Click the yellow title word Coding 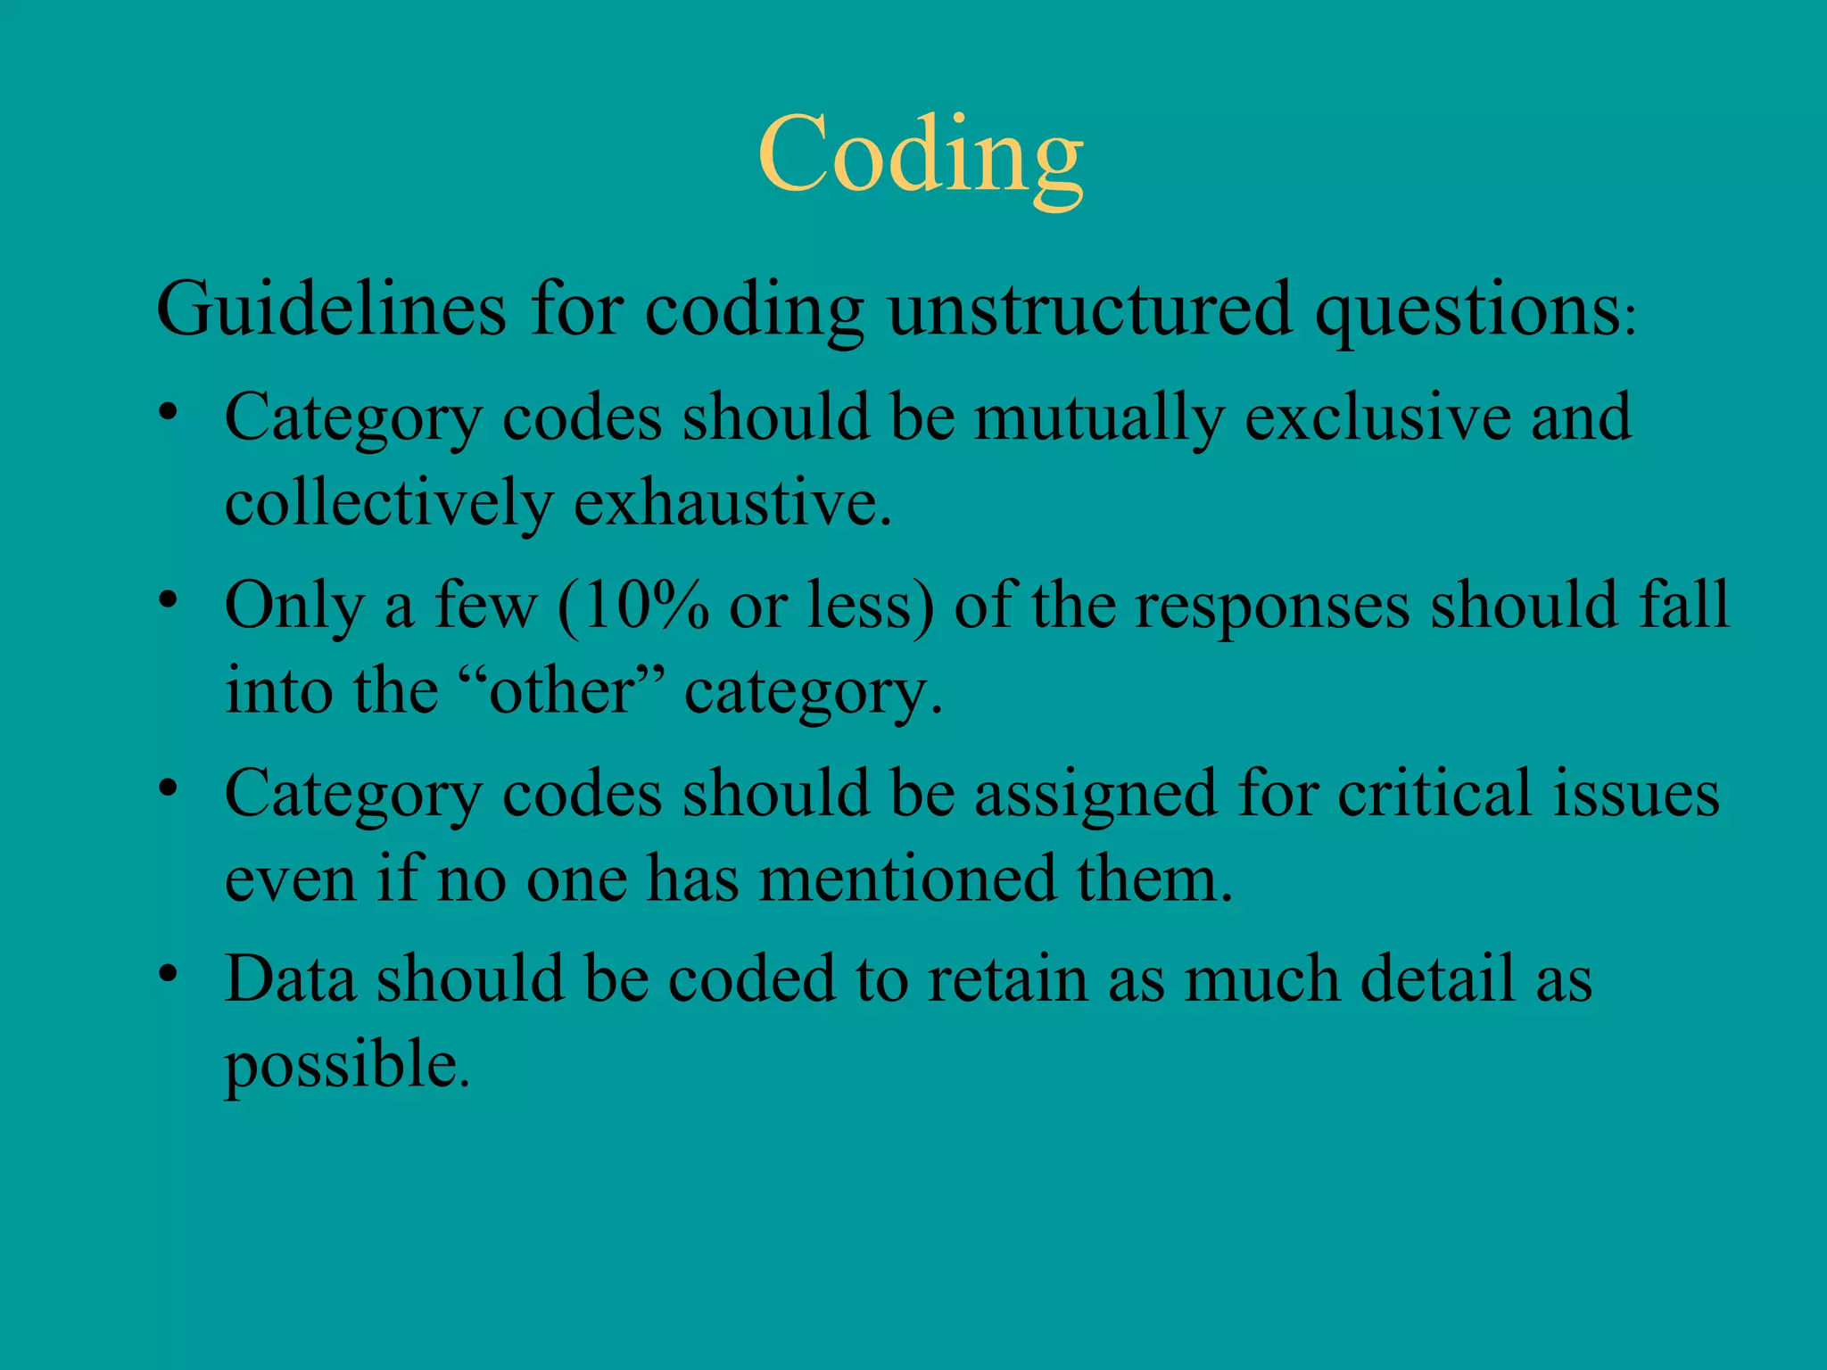(x=920, y=156)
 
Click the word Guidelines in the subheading (x=331, y=309)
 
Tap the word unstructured (x=1089, y=309)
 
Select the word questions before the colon (x=1468, y=309)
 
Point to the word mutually (x=1098, y=419)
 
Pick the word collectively (x=388, y=504)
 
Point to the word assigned (x=1095, y=795)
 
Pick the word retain (x=1007, y=979)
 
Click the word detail (x=1437, y=979)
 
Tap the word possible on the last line (x=344, y=1067)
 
